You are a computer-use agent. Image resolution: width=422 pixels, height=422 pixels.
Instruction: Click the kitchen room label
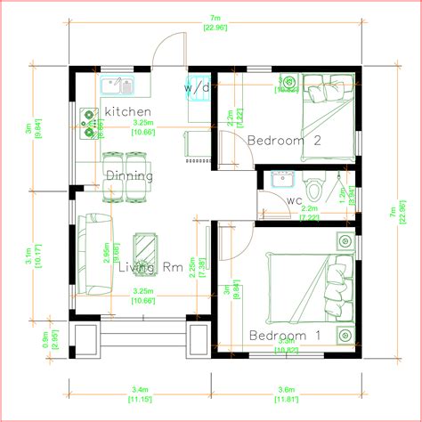127,110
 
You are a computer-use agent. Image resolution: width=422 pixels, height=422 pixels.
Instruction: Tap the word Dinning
129,175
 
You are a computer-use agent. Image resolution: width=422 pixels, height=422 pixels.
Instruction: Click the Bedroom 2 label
283,140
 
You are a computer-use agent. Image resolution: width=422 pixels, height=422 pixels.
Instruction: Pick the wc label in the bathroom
294,200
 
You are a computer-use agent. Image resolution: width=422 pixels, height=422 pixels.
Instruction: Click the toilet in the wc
316,188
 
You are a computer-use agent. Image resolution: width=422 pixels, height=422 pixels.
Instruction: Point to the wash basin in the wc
282,178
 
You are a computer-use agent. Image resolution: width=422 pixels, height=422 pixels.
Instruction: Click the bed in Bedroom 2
324,116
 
